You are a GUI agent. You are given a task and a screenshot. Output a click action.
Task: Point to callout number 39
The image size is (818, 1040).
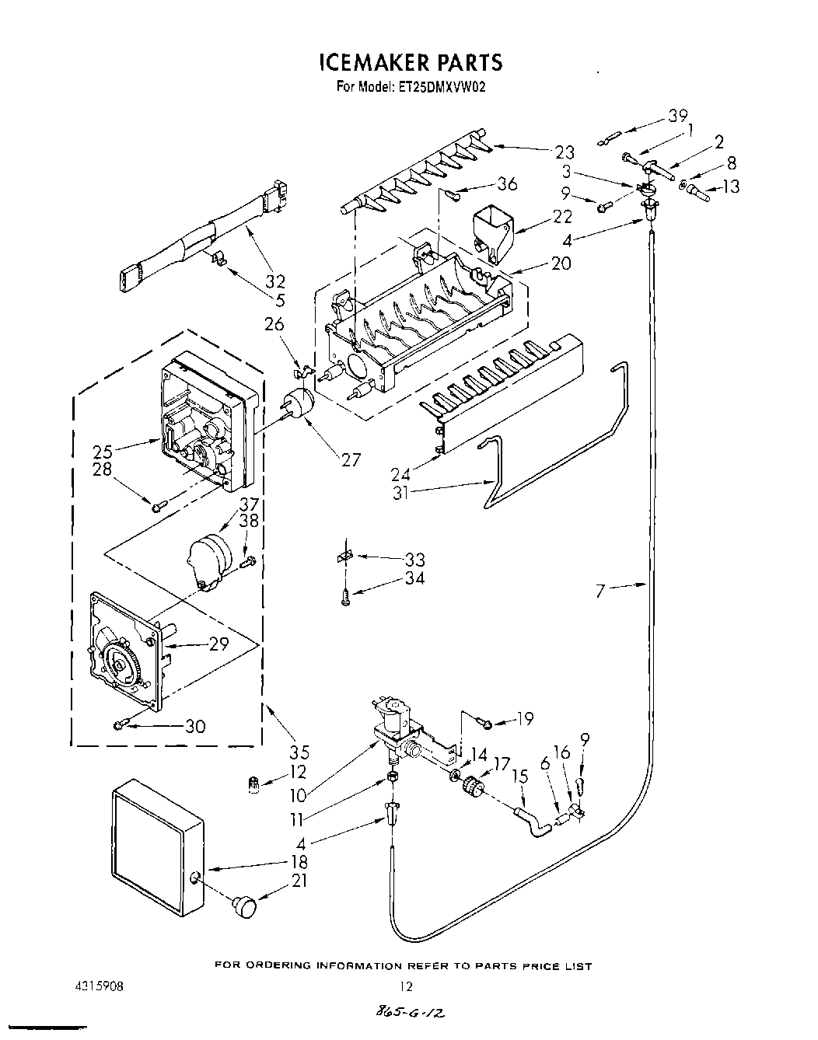click(677, 116)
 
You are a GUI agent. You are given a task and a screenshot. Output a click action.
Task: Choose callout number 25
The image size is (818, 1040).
click(103, 451)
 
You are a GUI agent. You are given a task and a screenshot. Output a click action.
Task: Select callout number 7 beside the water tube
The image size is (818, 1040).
click(600, 592)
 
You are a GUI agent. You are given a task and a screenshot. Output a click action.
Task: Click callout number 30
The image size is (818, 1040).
click(194, 727)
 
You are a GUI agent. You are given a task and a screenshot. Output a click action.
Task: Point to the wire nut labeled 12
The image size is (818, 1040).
click(252, 786)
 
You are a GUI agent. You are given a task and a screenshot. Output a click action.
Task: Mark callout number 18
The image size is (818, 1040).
click(299, 862)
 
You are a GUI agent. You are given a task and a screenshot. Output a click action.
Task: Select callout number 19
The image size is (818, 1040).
click(525, 719)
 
